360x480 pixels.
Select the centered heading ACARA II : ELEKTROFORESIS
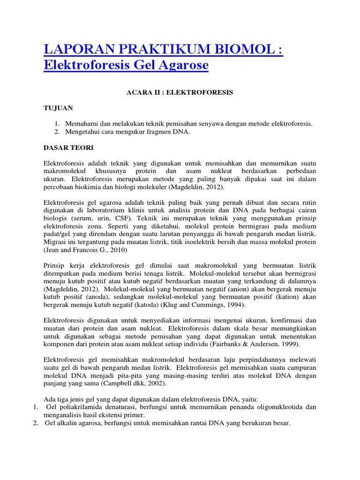pyautogui.click(x=180, y=93)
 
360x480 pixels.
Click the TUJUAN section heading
pyautogui.click(x=58, y=108)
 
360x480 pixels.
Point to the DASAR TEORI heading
pyautogui.click(x=68, y=148)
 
